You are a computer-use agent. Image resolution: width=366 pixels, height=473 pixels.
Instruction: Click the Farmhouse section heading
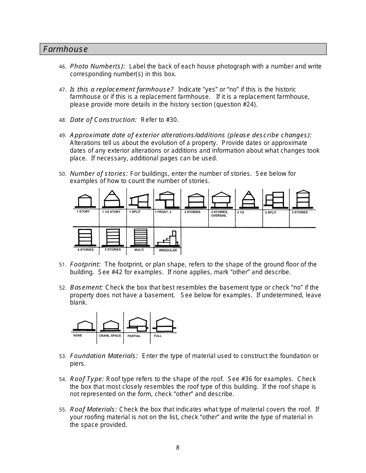click(65, 49)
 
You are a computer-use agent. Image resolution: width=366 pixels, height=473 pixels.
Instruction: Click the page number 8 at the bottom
click(178, 447)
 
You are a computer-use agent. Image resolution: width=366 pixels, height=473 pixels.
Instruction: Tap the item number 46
click(63, 67)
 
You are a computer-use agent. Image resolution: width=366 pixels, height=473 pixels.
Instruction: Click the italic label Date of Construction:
click(103, 120)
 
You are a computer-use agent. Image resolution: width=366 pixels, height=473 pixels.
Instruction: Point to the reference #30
click(171, 120)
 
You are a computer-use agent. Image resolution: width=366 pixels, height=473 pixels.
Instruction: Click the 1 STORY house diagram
click(84, 200)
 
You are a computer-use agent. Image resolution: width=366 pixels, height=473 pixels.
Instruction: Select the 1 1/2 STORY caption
click(111, 212)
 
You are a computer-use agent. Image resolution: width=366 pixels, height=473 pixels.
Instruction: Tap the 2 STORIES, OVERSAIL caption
click(220, 214)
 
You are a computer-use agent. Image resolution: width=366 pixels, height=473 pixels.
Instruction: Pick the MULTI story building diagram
click(140, 238)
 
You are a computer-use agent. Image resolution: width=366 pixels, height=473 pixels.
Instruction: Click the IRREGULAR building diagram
click(168, 239)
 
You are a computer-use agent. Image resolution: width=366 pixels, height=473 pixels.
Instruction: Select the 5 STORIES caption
click(113, 250)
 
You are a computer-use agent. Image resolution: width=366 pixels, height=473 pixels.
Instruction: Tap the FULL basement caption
click(158, 336)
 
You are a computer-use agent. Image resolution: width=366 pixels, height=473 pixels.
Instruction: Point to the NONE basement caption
click(78, 335)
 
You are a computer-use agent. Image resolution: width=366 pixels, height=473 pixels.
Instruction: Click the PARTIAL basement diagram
click(137, 325)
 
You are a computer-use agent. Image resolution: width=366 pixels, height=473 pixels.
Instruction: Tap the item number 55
click(63, 410)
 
